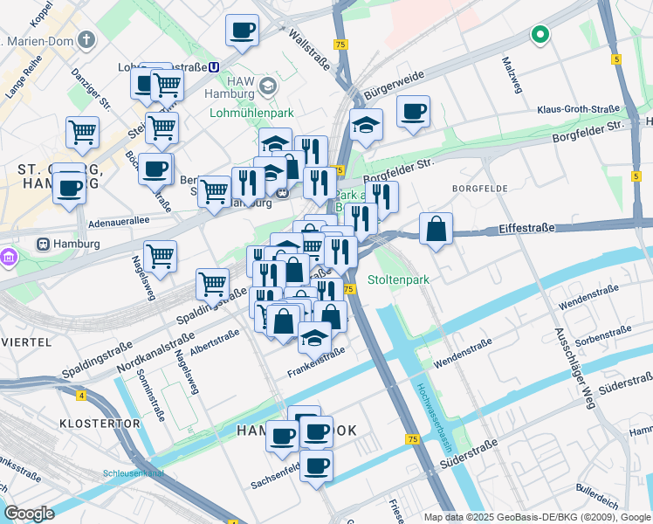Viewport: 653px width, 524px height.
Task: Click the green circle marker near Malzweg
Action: tap(540, 35)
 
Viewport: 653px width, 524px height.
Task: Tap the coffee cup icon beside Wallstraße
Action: tap(242, 31)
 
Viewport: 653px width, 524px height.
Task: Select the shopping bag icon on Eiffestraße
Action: tap(436, 229)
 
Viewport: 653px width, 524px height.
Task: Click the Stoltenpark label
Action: tap(398, 280)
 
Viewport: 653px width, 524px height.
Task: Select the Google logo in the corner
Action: tap(29, 514)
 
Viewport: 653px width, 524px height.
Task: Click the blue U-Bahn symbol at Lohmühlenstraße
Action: tap(214, 67)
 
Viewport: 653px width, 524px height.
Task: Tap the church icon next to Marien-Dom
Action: tap(86, 39)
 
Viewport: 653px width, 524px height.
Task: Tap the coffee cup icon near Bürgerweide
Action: tap(413, 112)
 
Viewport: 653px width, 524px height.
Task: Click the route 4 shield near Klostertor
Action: tap(81, 396)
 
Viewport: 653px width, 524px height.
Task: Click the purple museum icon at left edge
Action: tap(10, 258)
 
